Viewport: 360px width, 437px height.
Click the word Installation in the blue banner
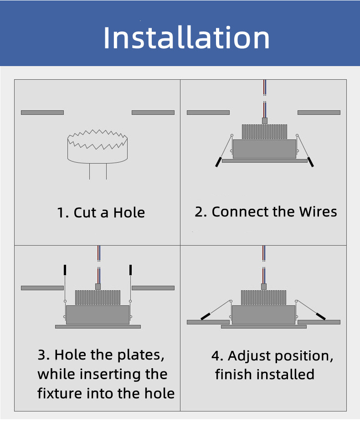click(x=186, y=38)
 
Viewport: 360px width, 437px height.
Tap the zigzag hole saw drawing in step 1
click(x=98, y=139)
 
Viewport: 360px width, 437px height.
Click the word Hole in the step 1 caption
click(x=129, y=213)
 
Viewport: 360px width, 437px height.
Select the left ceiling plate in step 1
click(x=42, y=113)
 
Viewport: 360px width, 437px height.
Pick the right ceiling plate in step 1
click(x=153, y=113)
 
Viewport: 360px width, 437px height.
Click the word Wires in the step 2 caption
click(x=318, y=211)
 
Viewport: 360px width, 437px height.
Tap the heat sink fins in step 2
click(x=264, y=132)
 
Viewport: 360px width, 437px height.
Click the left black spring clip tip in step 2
click(x=218, y=162)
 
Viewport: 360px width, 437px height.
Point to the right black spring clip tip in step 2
click(x=310, y=162)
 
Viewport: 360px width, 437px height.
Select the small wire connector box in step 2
click(x=265, y=121)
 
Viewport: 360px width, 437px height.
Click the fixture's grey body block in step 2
click(x=264, y=149)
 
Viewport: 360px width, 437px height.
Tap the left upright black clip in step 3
click(x=65, y=270)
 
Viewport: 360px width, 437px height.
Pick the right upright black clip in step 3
click(x=130, y=270)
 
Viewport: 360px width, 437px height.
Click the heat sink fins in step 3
click(x=98, y=298)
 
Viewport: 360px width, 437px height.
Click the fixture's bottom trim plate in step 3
click(x=98, y=327)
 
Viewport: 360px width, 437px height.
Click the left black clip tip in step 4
click(x=206, y=316)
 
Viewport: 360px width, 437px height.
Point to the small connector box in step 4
click(x=264, y=287)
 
